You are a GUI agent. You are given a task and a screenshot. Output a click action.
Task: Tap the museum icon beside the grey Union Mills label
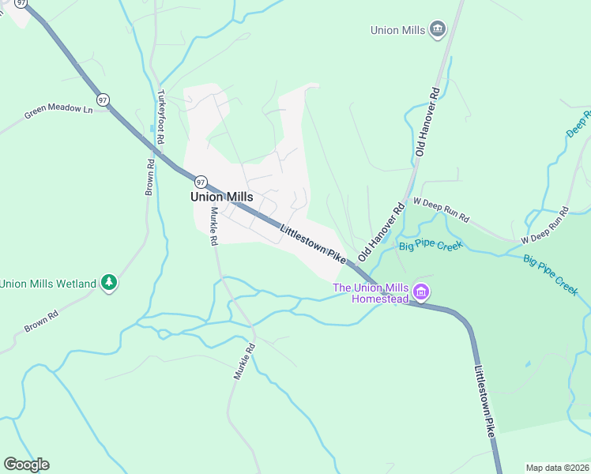tap(438, 30)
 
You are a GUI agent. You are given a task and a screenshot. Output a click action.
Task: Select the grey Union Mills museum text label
tap(398, 30)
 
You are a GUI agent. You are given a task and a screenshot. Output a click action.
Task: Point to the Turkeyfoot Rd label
tap(160, 116)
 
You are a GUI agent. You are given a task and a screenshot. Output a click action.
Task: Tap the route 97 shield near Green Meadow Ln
tap(103, 100)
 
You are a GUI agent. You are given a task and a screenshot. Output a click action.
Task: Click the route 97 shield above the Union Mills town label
tap(201, 182)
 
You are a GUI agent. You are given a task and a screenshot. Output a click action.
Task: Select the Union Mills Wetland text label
tap(48, 284)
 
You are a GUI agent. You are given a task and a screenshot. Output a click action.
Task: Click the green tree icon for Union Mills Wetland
tap(109, 283)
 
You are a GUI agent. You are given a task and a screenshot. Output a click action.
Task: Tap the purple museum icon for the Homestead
tap(422, 293)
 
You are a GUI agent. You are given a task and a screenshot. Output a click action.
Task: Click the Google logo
tap(26, 465)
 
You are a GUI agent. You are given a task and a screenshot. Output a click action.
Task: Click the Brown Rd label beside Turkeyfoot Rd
tap(149, 177)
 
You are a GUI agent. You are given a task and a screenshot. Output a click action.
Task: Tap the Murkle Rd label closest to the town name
tap(213, 225)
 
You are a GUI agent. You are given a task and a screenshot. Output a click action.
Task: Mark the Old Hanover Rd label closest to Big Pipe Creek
tap(381, 232)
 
